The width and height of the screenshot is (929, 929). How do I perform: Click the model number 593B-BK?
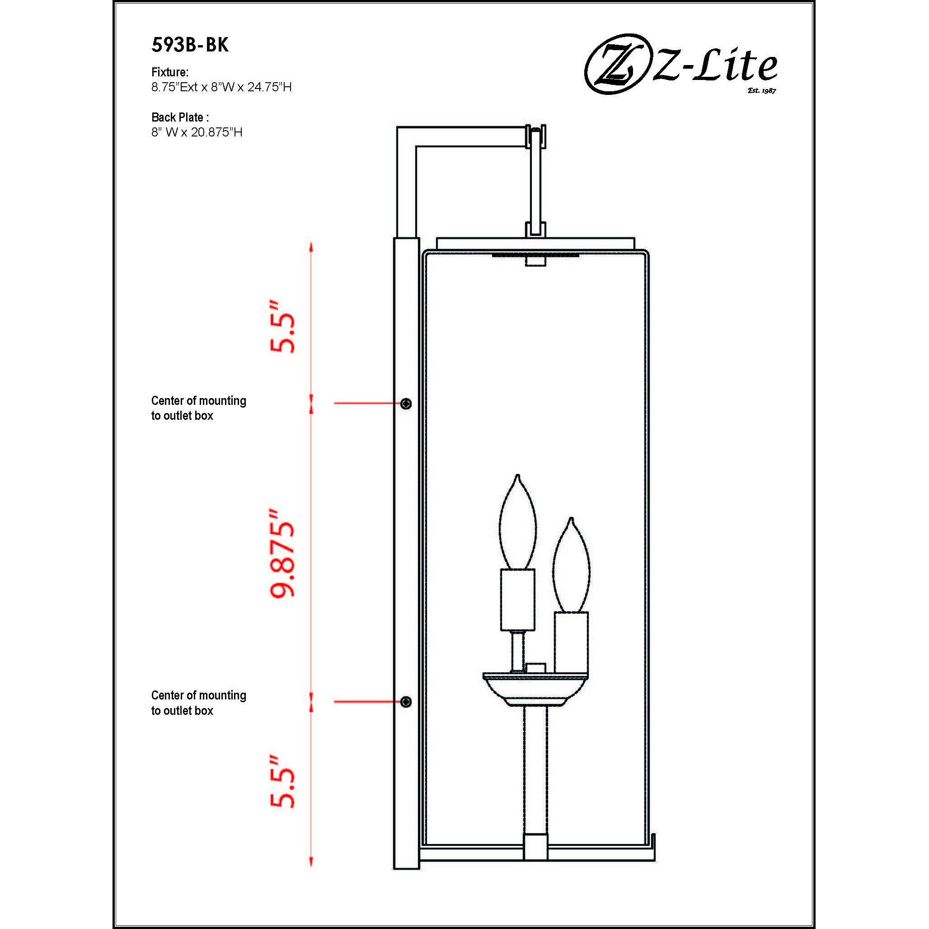(190, 45)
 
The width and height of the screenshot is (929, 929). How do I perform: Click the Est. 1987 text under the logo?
(762, 90)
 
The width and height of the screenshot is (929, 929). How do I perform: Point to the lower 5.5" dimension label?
(282, 782)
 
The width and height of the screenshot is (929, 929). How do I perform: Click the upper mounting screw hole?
(406, 404)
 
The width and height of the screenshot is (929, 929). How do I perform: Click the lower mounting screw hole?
(406, 702)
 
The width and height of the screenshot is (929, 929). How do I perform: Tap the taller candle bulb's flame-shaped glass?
(517, 524)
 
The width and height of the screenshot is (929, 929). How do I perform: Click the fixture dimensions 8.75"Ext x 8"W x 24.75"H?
(221, 87)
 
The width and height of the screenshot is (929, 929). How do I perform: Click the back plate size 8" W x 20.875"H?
(197, 132)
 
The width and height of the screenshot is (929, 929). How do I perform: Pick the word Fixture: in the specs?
(170, 72)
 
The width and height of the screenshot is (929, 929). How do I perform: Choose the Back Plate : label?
(180, 117)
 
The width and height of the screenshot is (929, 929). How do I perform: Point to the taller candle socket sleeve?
(517, 600)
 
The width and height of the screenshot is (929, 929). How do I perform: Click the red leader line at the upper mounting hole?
(366, 403)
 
